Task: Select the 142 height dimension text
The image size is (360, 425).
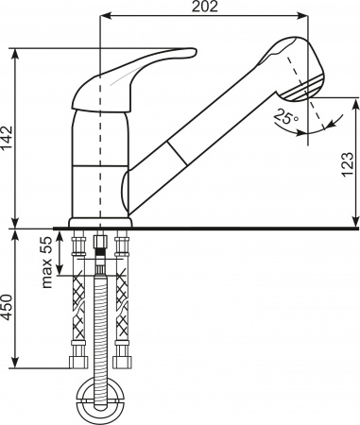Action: point(8,137)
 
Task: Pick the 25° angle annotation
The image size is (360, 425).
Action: point(283,119)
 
